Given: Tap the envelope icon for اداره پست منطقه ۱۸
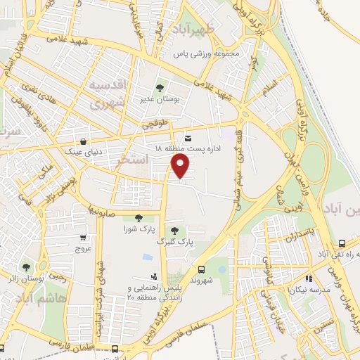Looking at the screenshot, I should click(x=188, y=138).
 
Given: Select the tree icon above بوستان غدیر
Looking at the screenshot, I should click(x=160, y=88).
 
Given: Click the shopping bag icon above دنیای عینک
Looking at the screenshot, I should click(x=84, y=140).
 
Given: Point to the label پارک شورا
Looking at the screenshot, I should click(x=139, y=229).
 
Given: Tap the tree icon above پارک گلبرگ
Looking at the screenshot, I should click(x=174, y=231).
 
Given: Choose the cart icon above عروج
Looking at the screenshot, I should click(x=84, y=237).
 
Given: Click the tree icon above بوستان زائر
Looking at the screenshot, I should click(x=27, y=266).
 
